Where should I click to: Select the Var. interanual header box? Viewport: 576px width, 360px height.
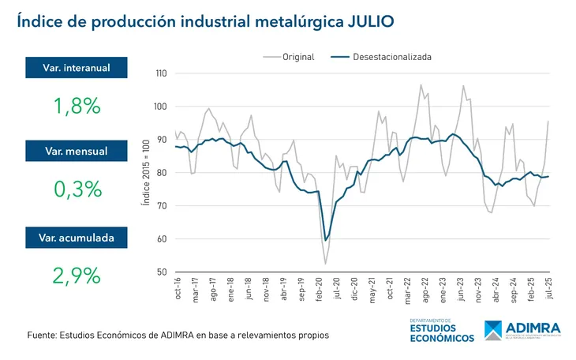pos(77,68)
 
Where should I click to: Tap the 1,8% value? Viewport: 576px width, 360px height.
pos(77,105)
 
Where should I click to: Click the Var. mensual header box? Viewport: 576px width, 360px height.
pos(77,151)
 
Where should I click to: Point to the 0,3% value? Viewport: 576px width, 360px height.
pos(77,189)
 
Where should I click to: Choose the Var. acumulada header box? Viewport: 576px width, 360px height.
pos(77,237)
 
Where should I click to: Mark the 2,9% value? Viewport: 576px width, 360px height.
pos(77,275)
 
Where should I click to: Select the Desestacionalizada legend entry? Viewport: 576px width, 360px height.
pos(391,57)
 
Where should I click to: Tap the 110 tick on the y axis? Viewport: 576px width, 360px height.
pos(161,73)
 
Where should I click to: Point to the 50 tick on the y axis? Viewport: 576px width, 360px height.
pos(163,272)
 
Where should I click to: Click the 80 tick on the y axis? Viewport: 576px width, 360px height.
pos(163,173)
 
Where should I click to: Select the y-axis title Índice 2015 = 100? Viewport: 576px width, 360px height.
pos(145,173)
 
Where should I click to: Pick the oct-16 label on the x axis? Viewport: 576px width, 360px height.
pos(178,291)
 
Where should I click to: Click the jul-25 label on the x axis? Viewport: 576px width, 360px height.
pos(548,291)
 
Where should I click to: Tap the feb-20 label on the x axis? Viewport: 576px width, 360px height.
pos(319,291)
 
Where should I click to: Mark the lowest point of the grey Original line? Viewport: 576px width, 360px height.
pos(325,264)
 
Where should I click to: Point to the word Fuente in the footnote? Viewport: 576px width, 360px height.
pos(41,336)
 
